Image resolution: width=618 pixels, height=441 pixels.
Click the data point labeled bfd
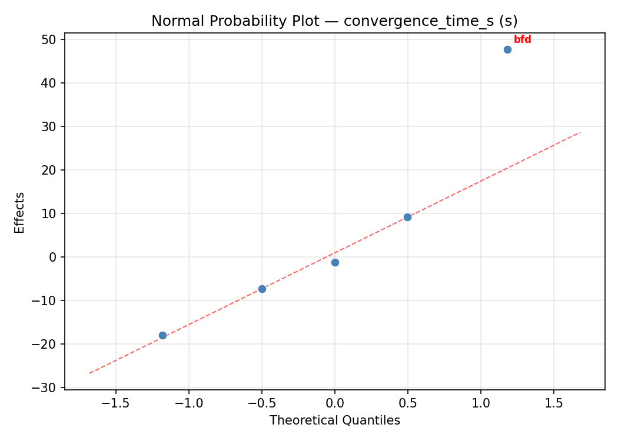pos(507,49)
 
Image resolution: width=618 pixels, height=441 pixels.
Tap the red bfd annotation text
pos(522,39)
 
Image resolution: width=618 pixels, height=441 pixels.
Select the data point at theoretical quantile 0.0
pos(335,262)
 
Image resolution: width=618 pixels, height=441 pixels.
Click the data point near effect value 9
pos(407,217)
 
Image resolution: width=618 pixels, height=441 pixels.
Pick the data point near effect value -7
pos(262,289)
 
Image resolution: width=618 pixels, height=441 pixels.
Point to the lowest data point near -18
pos(162,335)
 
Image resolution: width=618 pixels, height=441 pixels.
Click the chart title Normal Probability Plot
pos(334,21)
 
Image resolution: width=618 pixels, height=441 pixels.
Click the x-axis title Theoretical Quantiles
pos(334,420)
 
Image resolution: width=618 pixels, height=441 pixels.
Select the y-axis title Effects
pos(20,212)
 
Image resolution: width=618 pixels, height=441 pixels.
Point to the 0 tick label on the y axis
pos(52,257)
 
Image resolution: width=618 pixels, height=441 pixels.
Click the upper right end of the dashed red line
pos(580,132)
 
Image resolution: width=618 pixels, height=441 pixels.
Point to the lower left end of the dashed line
pos(89,373)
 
